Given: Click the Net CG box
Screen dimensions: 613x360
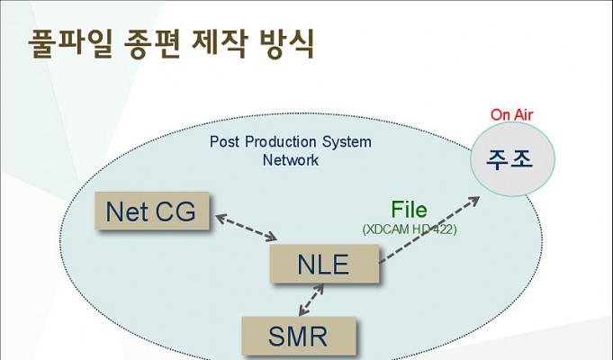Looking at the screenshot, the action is tap(152, 211).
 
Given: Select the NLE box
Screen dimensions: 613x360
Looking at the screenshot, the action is tap(324, 264).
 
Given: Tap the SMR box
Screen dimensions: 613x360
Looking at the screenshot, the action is tap(299, 336).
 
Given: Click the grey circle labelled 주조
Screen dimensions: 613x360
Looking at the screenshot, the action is tap(512, 158).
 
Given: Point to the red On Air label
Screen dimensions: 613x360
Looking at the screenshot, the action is tap(512, 115).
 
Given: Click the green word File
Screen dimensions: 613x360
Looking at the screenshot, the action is tap(409, 210).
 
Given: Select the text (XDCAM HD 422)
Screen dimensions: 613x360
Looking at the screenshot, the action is tap(410, 229).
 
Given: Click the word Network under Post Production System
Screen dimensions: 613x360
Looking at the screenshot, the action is tap(291, 160).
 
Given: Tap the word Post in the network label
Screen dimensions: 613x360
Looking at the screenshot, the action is tap(224, 141).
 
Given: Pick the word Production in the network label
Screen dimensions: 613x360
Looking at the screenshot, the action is tap(280, 141).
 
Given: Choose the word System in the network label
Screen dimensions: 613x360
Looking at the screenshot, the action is tap(347, 142).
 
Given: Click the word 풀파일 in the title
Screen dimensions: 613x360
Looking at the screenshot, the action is tap(70, 43).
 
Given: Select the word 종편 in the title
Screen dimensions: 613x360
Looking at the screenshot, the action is tap(152, 43).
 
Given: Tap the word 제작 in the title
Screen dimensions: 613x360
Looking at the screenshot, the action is tap(220, 43).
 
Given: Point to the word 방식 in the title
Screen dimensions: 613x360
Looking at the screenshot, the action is tap(286, 43).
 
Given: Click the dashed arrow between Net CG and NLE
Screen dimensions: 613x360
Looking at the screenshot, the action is tap(247, 227).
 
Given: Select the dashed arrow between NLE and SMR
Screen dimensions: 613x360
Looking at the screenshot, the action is tap(311, 300).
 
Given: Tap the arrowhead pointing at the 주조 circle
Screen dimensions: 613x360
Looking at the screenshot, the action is tap(474, 201).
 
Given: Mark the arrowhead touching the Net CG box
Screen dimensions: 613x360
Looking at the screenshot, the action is tap(221, 218).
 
